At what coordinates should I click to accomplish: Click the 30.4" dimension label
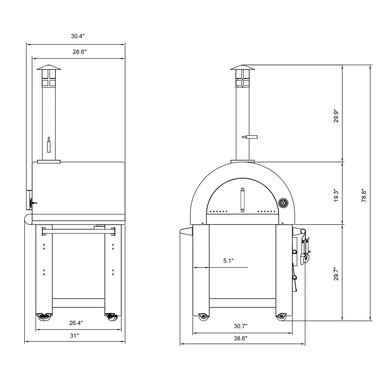point(78,36)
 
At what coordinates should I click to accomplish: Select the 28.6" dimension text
point(80,52)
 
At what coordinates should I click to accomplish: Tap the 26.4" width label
point(76,323)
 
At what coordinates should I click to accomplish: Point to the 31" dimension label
point(74,336)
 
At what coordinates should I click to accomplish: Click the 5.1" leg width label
point(228,261)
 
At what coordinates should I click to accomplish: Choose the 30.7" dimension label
point(241,326)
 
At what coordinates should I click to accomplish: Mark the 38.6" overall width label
point(241,338)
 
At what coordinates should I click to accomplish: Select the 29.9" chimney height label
point(336,116)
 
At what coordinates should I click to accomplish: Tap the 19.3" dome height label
point(336,195)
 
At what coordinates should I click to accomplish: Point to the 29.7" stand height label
point(336,274)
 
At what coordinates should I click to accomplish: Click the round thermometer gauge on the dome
point(283,203)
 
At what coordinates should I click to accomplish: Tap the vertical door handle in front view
point(242,200)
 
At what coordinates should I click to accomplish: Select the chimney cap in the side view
point(49,67)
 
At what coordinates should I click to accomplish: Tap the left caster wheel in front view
point(203,317)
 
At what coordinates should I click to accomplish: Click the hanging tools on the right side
point(305,250)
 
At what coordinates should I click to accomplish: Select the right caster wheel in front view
point(281,317)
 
